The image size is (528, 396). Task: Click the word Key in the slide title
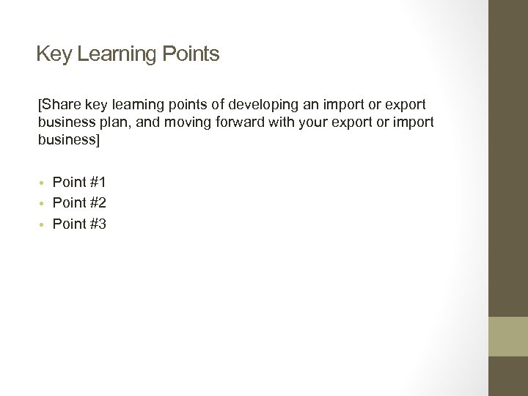[53, 54]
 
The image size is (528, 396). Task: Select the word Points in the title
[191, 54]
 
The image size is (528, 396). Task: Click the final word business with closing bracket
[68, 139]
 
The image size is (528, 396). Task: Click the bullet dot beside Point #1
[43, 183]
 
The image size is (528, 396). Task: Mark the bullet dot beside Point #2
[43, 204]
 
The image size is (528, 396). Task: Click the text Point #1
[79, 182]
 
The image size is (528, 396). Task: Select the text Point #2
[79, 203]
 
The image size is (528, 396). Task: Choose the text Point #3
[79, 224]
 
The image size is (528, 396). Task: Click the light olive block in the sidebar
[507, 337]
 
